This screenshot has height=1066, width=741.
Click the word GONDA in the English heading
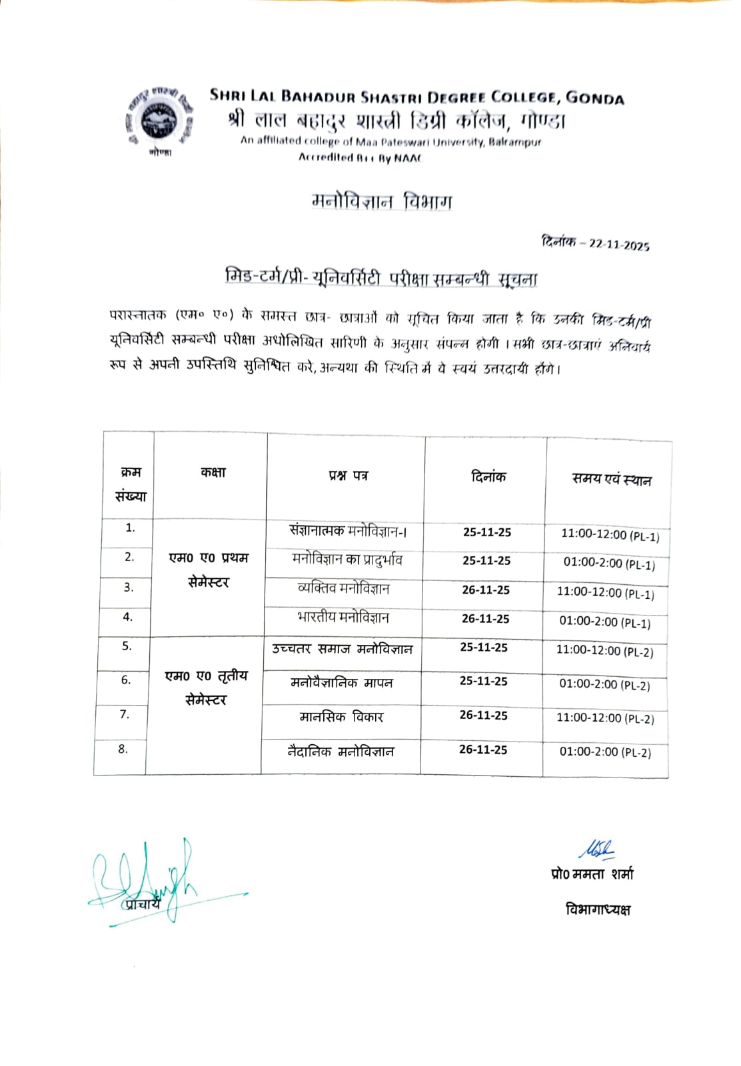point(594,98)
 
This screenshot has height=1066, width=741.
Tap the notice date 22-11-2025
point(619,245)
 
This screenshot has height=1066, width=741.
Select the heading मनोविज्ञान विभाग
point(382,201)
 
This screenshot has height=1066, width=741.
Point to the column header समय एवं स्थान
point(611,479)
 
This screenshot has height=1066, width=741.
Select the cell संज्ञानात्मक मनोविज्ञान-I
point(348,531)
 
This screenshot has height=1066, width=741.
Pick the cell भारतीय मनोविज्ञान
point(343,618)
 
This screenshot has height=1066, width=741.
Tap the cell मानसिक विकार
point(341,717)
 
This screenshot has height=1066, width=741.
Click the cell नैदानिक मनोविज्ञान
point(341,752)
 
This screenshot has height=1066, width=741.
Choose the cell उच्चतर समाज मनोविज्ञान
point(342,648)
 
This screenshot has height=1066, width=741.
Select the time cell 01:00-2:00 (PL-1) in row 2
point(609,564)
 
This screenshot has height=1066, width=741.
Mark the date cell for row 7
point(483,715)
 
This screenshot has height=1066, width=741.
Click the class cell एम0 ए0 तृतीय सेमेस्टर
point(206,688)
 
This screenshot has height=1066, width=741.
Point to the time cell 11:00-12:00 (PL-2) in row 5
point(604,651)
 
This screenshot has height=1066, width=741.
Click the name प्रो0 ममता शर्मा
point(592,873)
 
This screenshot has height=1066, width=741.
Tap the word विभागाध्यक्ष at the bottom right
point(598,909)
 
